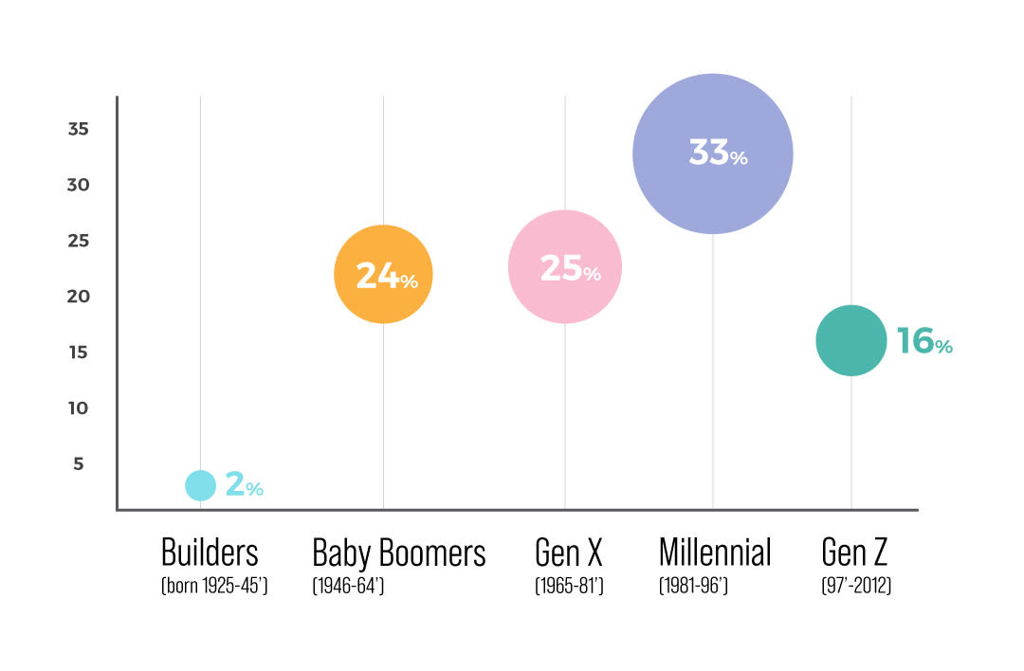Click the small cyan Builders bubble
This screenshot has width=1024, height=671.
pos(200,485)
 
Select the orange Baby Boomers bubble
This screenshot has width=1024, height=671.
pos(383,274)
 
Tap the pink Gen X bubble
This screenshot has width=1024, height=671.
pos(565,266)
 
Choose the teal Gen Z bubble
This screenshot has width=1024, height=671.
pos(850,340)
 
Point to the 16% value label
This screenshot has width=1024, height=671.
pos(923,341)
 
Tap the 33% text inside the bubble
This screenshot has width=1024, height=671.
pos(718,154)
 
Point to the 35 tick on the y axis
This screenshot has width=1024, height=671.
pos(78,129)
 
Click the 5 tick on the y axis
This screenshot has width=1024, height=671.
pos(78,464)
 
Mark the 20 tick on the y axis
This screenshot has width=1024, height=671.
pos(78,297)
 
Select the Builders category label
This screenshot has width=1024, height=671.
pos(210,553)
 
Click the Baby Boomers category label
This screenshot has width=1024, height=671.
pos(399,553)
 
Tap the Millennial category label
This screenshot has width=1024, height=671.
pos(715,553)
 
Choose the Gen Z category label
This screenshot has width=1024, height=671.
pos(856,553)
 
